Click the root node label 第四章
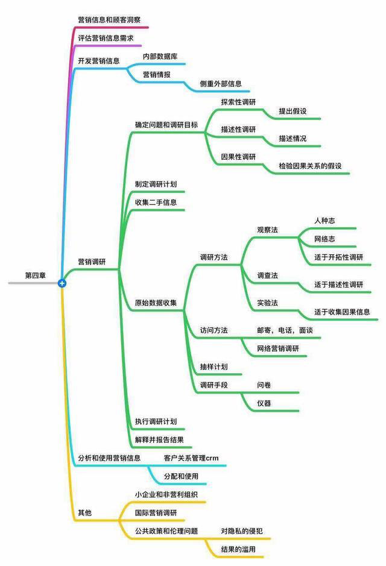click(x=36, y=275)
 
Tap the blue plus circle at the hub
click(x=62, y=283)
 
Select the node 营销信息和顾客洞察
click(x=109, y=20)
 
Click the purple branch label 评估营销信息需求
click(x=106, y=38)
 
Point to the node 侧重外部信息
click(x=221, y=84)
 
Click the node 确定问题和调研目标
click(x=166, y=125)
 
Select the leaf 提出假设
click(x=293, y=111)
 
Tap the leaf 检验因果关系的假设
click(x=310, y=166)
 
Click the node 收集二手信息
click(x=156, y=202)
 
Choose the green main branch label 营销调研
click(x=92, y=262)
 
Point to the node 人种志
click(x=324, y=221)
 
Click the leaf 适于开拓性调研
click(x=338, y=257)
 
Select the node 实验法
click(x=267, y=303)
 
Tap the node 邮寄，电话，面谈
click(x=285, y=330)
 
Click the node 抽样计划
click(x=214, y=366)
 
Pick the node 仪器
click(x=264, y=403)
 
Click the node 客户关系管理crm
click(x=191, y=458)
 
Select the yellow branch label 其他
click(x=85, y=512)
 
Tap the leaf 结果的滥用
click(x=238, y=549)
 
